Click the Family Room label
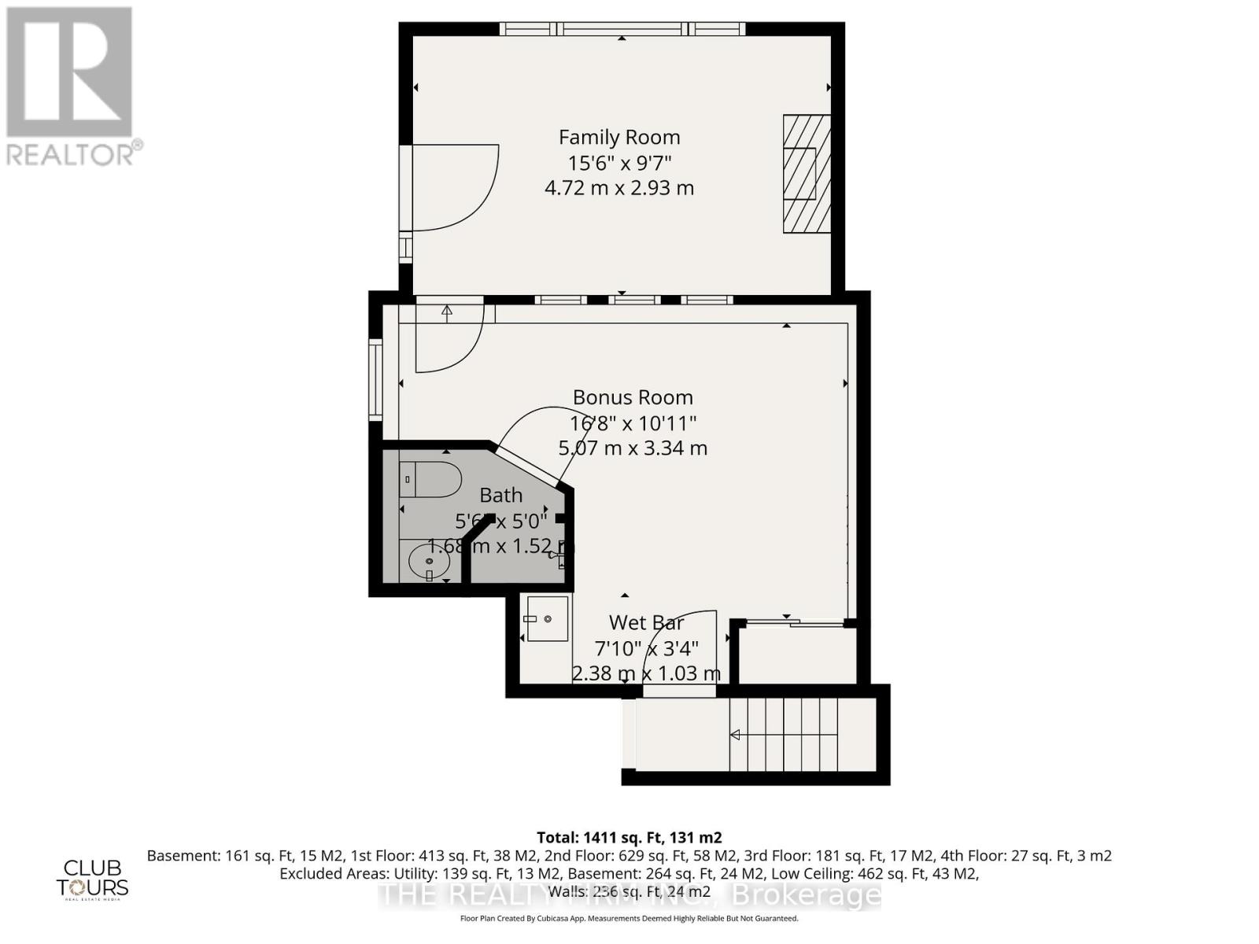[619, 137]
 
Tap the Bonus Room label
[633, 397]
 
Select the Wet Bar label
[646, 622]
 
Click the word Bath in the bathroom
[501, 495]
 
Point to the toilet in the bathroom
[430, 480]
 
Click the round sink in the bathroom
[430, 562]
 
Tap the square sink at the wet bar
[547, 618]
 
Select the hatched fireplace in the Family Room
[807, 174]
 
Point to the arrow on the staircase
[736, 736]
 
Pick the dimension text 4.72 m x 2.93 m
[619, 188]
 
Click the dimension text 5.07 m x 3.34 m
[633, 448]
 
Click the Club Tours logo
[93, 878]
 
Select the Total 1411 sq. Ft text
[629, 837]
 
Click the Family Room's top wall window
[622, 29]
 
